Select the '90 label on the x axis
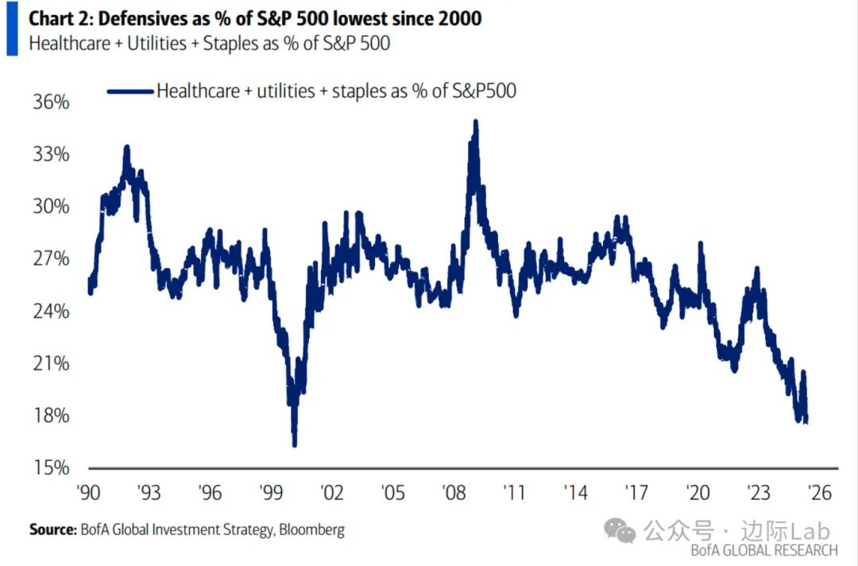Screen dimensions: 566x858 [x=89, y=493]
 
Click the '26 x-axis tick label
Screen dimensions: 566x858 [x=818, y=493]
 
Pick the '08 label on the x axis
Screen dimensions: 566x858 [x=454, y=493]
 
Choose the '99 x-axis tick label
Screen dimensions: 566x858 [x=271, y=493]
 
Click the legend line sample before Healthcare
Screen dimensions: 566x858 [x=129, y=91]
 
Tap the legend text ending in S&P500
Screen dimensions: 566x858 [x=336, y=91]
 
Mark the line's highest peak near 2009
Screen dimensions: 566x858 [x=475, y=122]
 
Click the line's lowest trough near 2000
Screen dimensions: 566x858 [x=295, y=445]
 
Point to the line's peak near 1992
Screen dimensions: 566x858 [x=126, y=147]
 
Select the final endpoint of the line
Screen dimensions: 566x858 [x=806, y=421]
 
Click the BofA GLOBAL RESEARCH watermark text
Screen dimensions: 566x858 [x=763, y=550]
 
